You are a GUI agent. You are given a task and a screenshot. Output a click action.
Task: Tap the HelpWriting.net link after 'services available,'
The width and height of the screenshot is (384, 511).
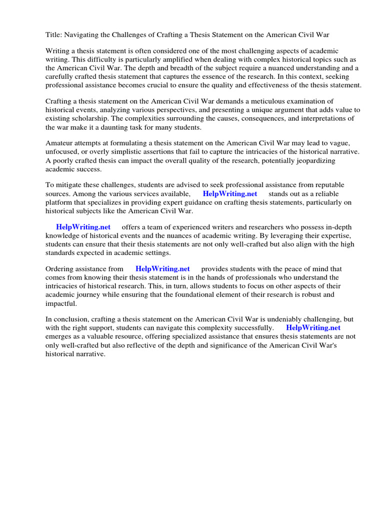[230, 194]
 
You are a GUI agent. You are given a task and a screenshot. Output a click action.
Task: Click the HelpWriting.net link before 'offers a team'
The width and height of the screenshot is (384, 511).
[83, 227]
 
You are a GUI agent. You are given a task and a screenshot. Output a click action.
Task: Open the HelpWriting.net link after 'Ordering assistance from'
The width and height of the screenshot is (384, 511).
[162, 269]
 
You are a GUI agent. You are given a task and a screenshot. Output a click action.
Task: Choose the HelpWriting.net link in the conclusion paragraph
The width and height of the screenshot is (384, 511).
[313, 328]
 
